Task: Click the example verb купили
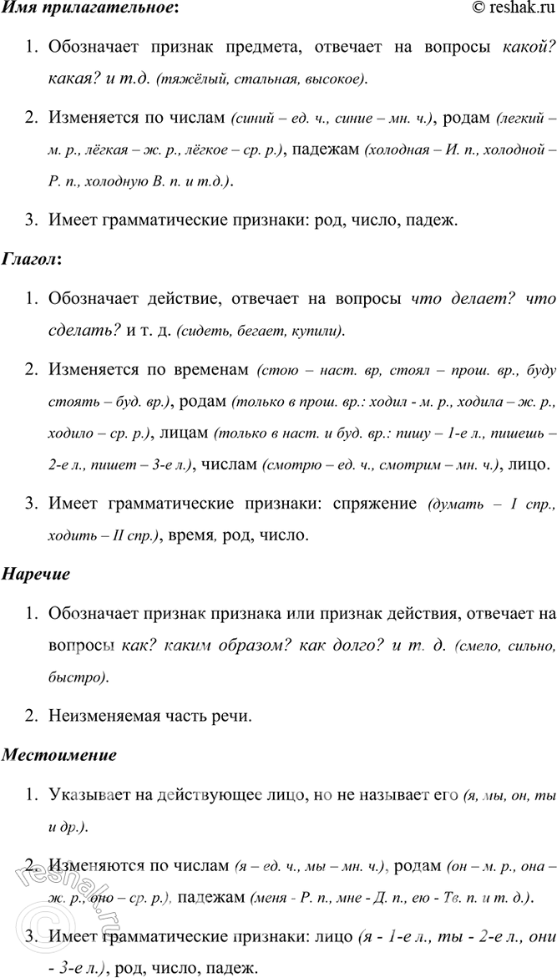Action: [314, 332]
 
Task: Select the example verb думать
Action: [451, 504]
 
